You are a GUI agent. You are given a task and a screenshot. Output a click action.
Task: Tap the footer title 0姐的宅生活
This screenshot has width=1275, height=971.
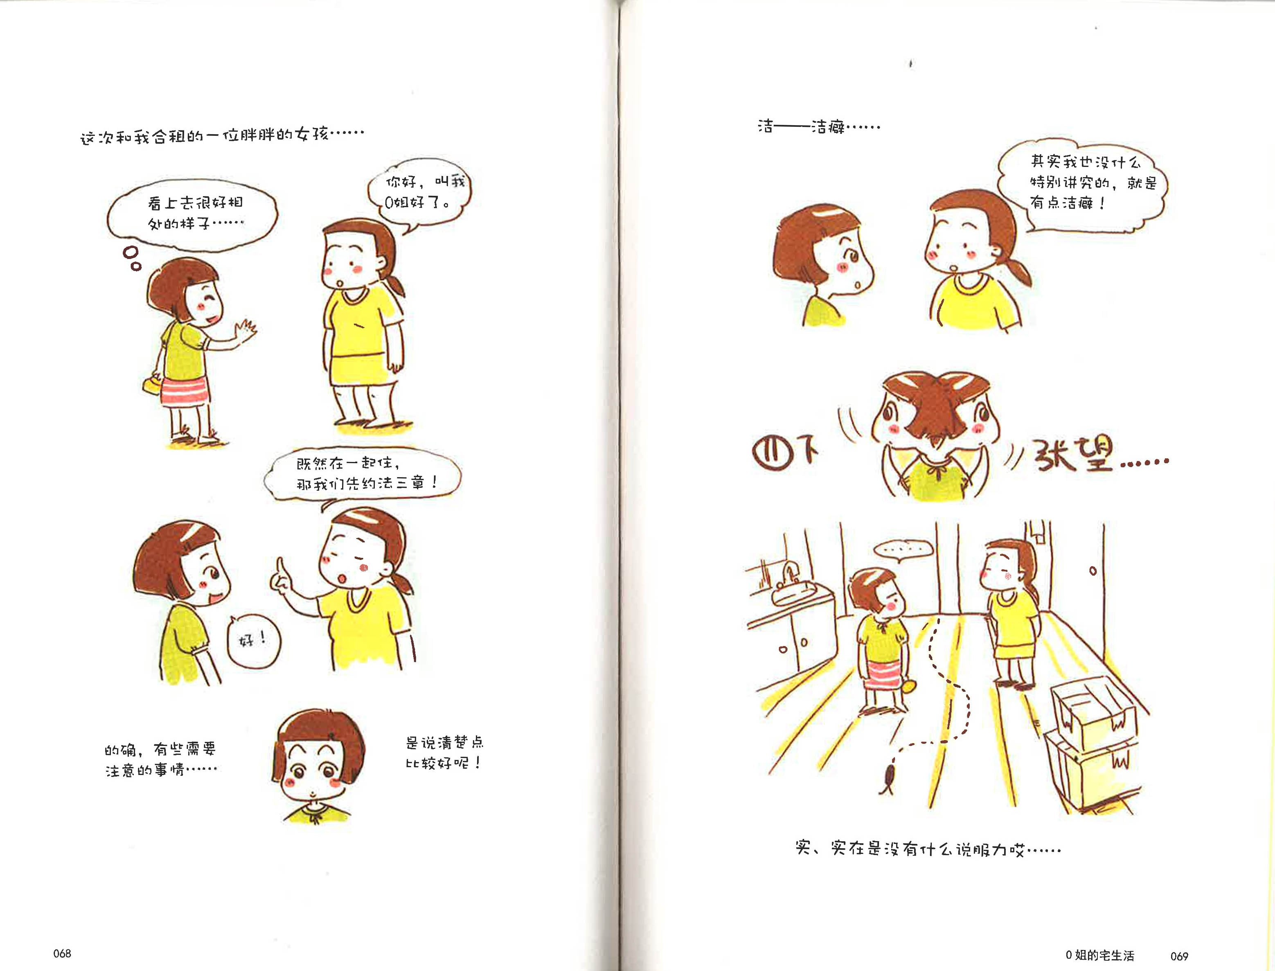[1100, 955]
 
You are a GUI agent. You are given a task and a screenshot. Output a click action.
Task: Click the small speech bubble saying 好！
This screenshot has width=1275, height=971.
[253, 640]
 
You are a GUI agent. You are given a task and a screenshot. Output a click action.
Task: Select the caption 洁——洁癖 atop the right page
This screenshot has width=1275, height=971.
[818, 126]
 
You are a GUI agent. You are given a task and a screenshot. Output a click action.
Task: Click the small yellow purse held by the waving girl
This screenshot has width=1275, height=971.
[153, 384]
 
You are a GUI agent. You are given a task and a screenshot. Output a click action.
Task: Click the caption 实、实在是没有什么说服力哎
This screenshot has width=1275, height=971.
[928, 849]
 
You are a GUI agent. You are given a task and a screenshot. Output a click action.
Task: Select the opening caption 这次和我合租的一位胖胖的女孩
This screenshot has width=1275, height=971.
[222, 136]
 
